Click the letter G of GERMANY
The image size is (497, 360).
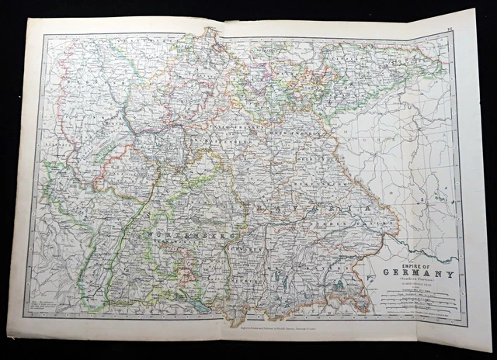[x=385, y=273]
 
